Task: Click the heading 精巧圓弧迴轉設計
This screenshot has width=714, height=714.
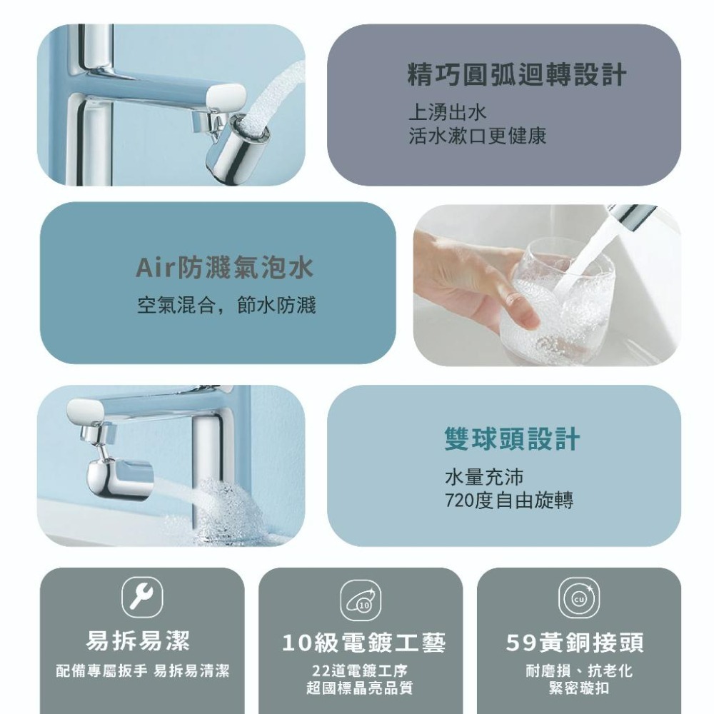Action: (x=517, y=75)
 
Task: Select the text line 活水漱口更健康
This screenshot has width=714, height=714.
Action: (x=478, y=136)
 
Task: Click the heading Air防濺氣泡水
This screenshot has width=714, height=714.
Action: (x=225, y=268)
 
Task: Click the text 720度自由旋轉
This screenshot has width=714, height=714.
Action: (x=508, y=501)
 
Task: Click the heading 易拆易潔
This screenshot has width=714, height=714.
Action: (x=138, y=641)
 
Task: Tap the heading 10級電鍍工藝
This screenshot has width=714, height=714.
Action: (x=363, y=643)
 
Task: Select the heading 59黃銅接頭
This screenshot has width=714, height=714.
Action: (x=575, y=643)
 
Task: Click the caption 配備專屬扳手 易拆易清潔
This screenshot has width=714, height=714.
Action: (x=144, y=672)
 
